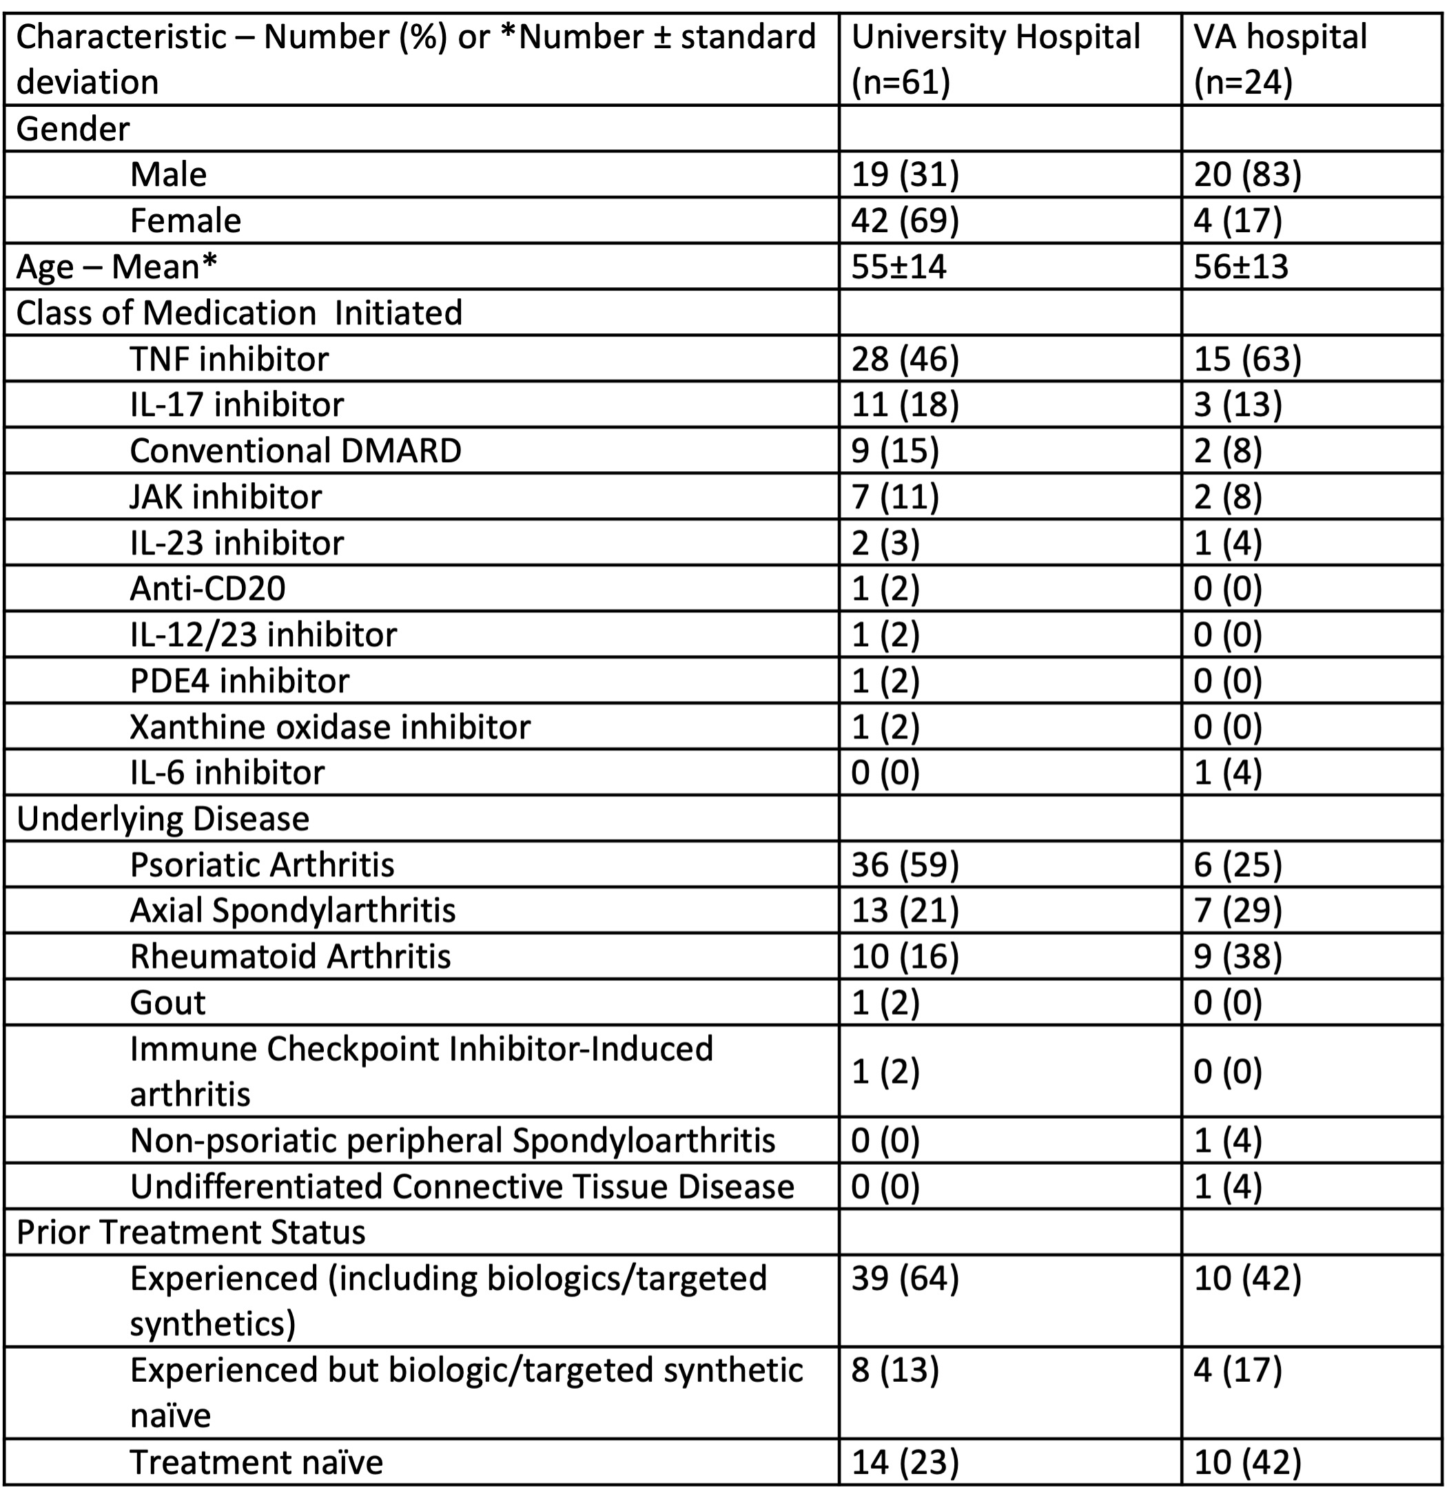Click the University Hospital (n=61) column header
[x=996, y=59]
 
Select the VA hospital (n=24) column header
[x=1280, y=59]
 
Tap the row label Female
[x=185, y=220]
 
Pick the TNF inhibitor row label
[x=229, y=359]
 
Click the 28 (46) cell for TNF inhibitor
[x=904, y=359]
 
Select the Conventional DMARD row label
[x=296, y=451]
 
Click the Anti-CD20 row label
[x=207, y=588]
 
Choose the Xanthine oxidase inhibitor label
[x=330, y=727]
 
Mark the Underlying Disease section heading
[x=163, y=818]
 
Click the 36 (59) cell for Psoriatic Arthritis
[x=904, y=864]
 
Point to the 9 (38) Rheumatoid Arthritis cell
[x=1237, y=957]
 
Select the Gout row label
[x=167, y=1003]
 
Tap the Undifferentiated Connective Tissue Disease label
[x=462, y=1186]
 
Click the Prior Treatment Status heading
[x=191, y=1233]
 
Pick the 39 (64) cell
[x=904, y=1279]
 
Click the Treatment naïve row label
[x=256, y=1462]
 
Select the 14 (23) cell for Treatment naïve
[x=904, y=1462]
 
